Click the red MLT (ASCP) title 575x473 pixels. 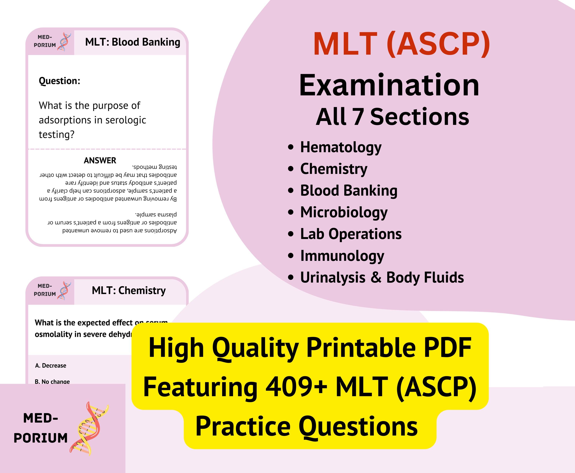(x=401, y=44)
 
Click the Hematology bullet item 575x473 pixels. (x=341, y=147)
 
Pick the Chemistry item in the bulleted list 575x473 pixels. (x=334, y=169)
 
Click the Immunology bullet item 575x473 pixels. (x=342, y=256)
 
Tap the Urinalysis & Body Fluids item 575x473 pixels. (x=382, y=278)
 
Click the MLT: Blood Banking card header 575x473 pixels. (x=132, y=42)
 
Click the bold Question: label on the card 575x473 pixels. (x=59, y=81)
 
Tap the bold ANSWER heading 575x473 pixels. (x=100, y=161)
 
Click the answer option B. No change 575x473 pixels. (x=52, y=381)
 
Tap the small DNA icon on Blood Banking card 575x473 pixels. (x=64, y=42)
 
